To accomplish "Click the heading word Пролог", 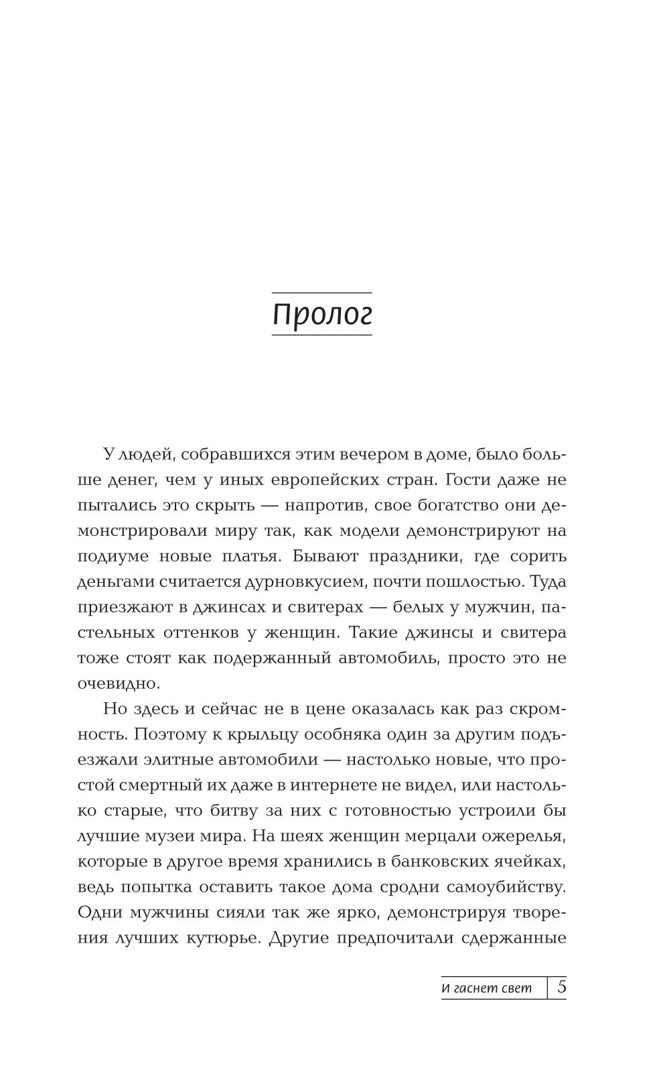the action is [321, 315].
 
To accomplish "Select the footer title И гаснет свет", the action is [487, 988].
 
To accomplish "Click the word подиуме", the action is [110, 557].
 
